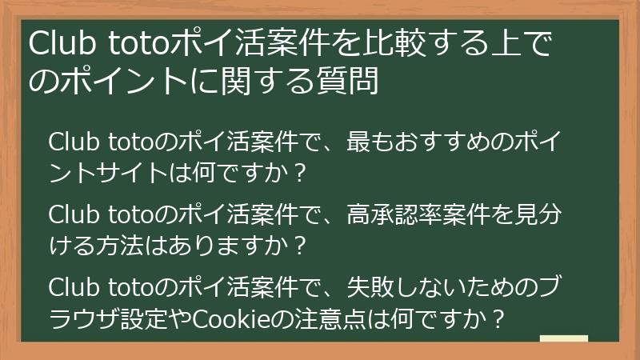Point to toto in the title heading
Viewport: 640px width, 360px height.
click(x=128, y=45)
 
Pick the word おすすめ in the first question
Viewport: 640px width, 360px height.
click(x=444, y=142)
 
